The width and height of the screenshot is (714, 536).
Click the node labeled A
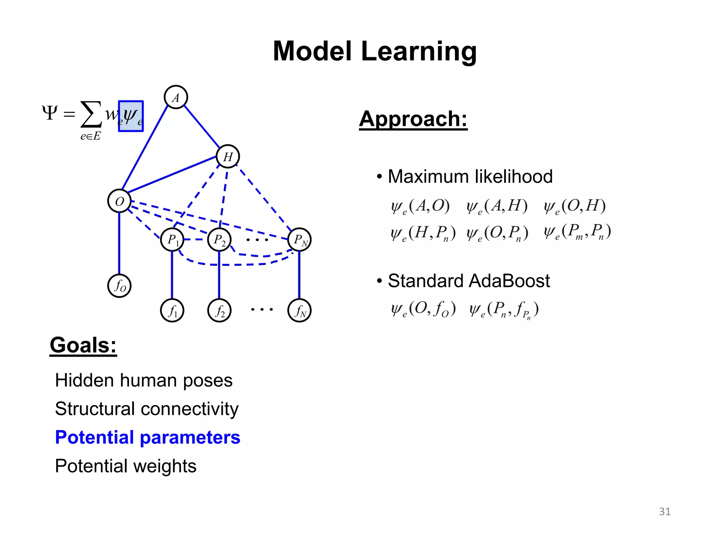pos(176,97)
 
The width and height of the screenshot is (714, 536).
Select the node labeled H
pos(228,156)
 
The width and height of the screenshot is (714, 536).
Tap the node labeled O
pos(119,201)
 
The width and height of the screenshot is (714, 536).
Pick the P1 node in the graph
pos(172,240)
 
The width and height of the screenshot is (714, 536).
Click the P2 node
pos(219,240)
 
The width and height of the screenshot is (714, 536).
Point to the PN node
pos(299,240)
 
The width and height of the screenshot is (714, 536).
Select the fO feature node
pos(119,286)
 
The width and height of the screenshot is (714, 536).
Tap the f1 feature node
pos(172,310)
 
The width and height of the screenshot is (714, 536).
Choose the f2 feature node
pos(219,310)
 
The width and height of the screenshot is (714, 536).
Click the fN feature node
pos(299,310)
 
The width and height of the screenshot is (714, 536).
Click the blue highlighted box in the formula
pos(131,116)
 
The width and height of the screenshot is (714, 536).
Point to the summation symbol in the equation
pos(91,114)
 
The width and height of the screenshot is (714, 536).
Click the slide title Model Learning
pos(374,51)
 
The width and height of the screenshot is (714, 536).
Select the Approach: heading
pos(413,119)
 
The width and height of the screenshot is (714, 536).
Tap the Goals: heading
pos(83,345)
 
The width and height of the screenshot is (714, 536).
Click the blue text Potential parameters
pos(147,437)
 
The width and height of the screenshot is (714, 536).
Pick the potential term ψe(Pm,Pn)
pos(577,232)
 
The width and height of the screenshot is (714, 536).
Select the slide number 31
pos(664,512)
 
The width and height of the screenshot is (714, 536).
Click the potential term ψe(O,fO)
pos(423,309)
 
